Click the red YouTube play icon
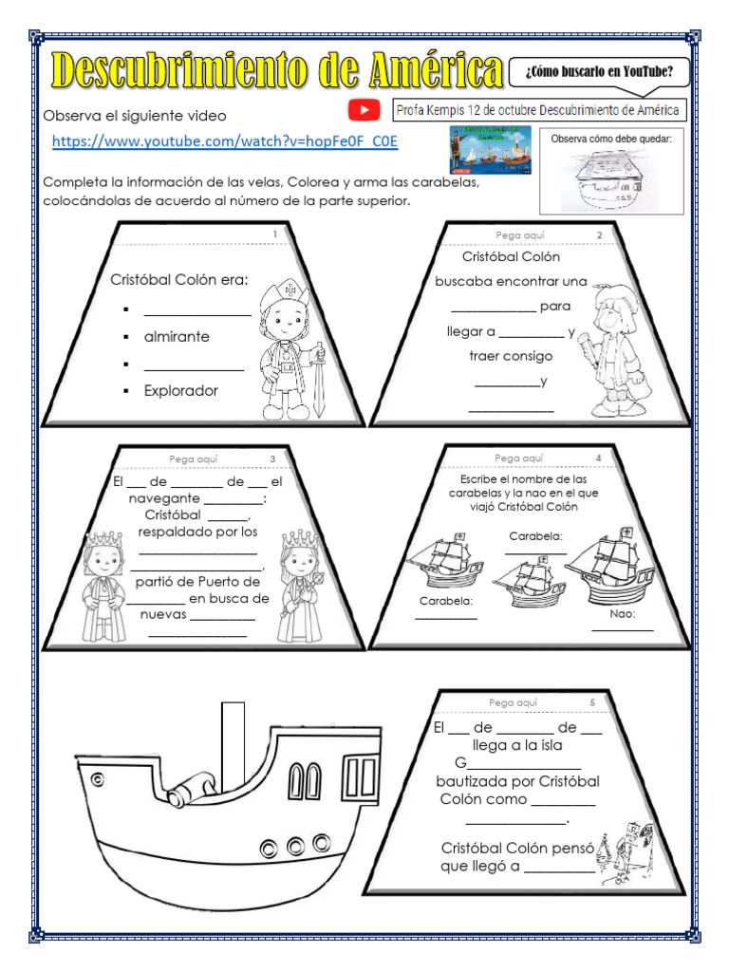point(364,111)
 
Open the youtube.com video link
point(225,141)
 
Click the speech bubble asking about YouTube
point(593,70)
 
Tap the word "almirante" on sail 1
point(177,337)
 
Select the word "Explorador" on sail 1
point(180,390)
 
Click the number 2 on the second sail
point(599,234)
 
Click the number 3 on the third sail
point(272,459)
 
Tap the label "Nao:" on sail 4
point(623,613)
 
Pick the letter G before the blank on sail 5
point(460,764)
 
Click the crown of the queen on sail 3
point(297,539)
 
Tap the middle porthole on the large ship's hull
point(294,845)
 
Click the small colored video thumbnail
point(489,150)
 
